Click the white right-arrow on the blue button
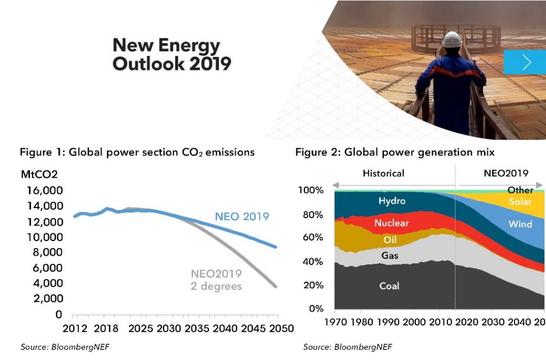coord(527,62)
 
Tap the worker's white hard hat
coord(452,39)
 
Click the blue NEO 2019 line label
coord(242,217)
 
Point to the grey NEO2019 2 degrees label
coord(216,280)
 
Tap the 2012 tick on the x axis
coord(75,329)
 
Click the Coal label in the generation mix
coord(389,286)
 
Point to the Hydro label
coord(392,201)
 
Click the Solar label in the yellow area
coord(520,202)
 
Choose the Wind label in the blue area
coord(520,224)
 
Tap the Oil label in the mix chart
coord(390,240)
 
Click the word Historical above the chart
coord(383,173)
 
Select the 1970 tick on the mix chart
coord(335,323)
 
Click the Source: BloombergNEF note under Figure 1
coord(68,347)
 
